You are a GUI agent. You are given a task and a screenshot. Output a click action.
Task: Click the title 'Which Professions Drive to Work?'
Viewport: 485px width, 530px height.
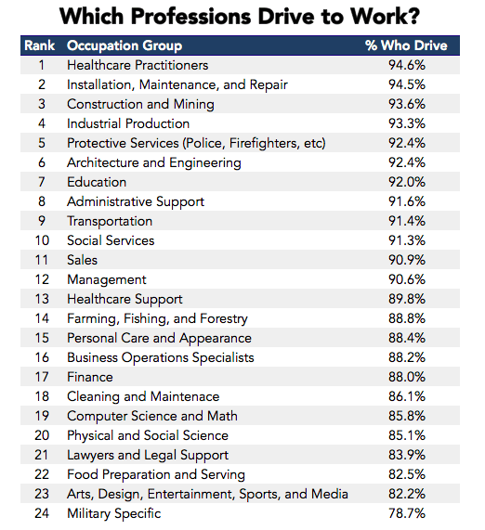point(240,16)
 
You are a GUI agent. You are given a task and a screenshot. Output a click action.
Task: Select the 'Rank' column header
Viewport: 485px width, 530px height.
point(40,45)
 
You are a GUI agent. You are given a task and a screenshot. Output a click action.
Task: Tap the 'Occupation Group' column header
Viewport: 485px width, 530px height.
point(125,45)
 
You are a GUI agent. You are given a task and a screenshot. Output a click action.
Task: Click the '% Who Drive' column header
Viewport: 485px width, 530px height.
point(406,45)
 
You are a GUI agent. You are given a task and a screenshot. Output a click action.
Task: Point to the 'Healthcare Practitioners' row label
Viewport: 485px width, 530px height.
point(138,65)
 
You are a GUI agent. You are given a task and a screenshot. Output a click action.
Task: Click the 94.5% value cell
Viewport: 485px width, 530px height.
point(407,84)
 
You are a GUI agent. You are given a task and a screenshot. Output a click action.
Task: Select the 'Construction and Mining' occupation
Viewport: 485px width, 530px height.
point(140,104)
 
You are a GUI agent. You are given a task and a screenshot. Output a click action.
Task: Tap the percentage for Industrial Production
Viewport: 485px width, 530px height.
point(407,123)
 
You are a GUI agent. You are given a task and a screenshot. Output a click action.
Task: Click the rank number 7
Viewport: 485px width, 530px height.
point(42,182)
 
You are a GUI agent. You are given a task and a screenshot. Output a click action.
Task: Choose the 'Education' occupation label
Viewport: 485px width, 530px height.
point(97,182)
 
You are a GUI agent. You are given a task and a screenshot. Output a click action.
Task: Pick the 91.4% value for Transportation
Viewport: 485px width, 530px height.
point(407,221)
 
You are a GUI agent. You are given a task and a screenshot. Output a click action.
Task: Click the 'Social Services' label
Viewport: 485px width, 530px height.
point(111,240)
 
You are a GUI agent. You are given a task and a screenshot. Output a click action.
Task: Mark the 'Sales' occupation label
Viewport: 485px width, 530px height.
point(83,260)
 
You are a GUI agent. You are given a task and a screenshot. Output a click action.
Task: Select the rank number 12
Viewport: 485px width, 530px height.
point(42,279)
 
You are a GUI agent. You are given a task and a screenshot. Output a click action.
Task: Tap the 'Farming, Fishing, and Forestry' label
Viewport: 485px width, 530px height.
point(157,318)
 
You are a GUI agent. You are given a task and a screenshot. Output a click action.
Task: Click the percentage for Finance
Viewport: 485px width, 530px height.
point(407,377)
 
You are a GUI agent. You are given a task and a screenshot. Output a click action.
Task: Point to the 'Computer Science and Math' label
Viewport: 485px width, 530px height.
point(152,416)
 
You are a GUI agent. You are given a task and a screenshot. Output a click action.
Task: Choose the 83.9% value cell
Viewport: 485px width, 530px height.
point(407,455)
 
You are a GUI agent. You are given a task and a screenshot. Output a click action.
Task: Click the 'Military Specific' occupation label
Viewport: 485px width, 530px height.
point(113,513)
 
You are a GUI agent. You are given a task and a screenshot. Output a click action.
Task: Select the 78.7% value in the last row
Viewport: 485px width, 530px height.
point(407,513)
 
